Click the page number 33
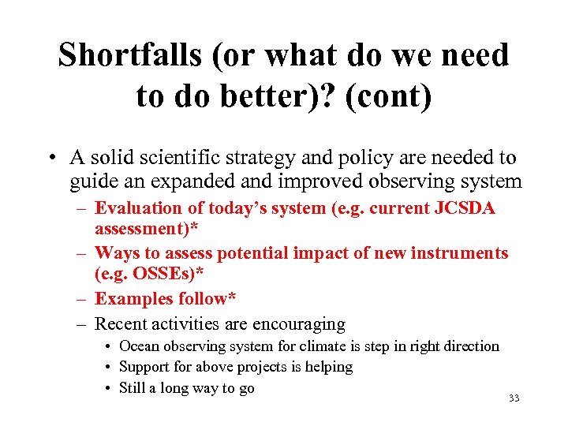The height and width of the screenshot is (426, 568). (514, 398)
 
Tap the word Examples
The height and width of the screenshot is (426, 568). (131, 299)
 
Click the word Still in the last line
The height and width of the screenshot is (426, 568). (132, 387)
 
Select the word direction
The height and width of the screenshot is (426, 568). (469, 346)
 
